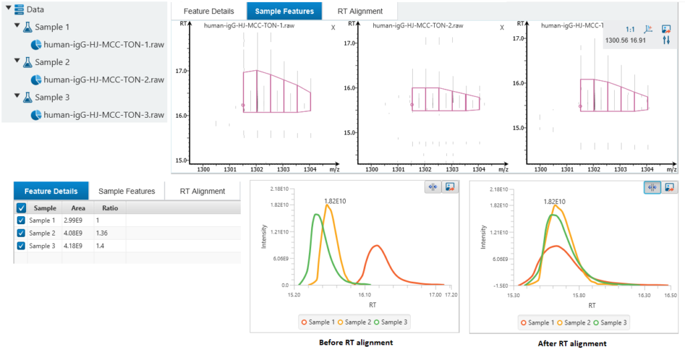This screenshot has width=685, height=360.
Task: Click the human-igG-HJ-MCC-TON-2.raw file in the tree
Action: pyautogui.click(x=104, y=80)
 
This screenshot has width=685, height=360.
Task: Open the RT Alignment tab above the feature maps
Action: pyautogui.click(x=360, y=11)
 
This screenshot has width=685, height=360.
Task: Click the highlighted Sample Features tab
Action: pyautogui.click(x=284, y=11)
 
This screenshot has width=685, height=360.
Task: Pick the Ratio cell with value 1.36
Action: pyautogui.click(x=102, y=233)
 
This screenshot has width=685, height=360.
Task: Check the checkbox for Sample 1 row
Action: pyautogui.click(x=21, y=220)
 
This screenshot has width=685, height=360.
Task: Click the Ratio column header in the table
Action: pyautogui.click(x=110, y=208)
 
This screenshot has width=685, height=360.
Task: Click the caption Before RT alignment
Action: pyautogui.click(x=357, y=343)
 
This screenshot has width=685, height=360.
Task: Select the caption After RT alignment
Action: pyautogui.click(x=572, y=343)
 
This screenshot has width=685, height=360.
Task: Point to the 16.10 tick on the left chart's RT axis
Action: pyautogui.click(x=365, y=294)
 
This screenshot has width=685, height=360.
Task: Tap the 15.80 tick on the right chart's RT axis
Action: pyautogui.click(x=579, y=294)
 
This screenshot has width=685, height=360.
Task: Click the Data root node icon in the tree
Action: pyautogui.click(x=19, y=10)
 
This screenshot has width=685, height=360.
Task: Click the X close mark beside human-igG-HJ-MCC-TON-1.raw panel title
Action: pyautogui.click(x=333, y=27)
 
